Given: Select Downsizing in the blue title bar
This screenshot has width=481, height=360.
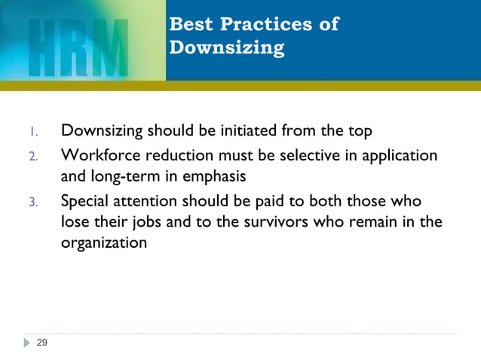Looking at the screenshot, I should coord(227,48).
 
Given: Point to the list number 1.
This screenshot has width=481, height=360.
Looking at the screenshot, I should coord(33,133).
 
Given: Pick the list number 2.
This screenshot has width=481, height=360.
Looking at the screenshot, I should coord(33,157).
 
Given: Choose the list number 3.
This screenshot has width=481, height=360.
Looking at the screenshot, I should coord(33,203).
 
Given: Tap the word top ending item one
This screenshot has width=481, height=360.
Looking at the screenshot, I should coord(359,132).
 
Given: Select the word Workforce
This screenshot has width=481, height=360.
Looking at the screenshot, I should coord(98,156).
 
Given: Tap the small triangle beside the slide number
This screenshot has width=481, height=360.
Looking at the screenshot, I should coord(28,343).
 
